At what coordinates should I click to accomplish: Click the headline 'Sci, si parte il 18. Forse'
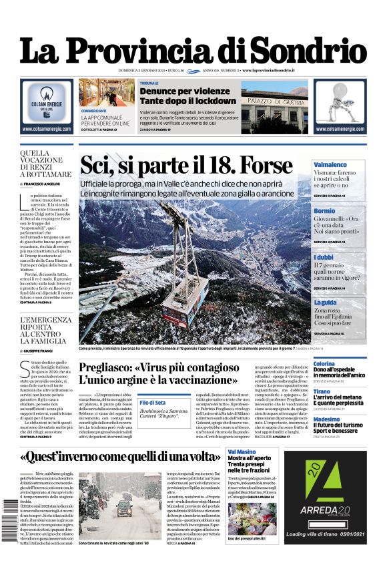click(x=186, y=165)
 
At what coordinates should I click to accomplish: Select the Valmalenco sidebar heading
click(x=330, y=164)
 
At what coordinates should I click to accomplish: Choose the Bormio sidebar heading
click(x=324, y=211)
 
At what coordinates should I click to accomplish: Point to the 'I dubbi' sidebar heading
click(x=324, y=257)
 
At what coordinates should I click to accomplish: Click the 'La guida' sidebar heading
click(x=326, y=303)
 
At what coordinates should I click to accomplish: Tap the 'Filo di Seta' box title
click(x=152, y=403)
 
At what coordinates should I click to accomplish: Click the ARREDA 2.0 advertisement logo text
click(x=323, y=511)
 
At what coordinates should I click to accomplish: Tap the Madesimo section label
click(x=327, y=419)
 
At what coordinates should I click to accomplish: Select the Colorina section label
click(x=324, y=363)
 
